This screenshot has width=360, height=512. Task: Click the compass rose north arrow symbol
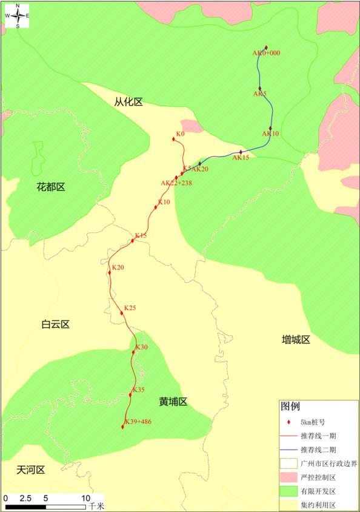[x=18, y=16]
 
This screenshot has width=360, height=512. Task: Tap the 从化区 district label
[x=128, y=102]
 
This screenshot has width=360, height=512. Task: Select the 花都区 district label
[x=51, y=187]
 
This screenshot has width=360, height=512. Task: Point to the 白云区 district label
[x=56, y=325]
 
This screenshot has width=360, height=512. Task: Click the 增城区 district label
[x=296, y=340]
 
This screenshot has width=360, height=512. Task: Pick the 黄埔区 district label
[x=173, y=402]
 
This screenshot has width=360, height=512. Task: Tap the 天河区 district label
[x=31, y=470]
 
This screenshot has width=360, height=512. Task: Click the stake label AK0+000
[x=267, y=53]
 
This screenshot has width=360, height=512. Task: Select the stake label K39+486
[x=138, y=422]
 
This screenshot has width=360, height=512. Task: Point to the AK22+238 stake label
[x=176, y=183]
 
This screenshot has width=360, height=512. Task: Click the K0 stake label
[x=180, y=133]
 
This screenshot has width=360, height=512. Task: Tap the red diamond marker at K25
[x=122, y=313]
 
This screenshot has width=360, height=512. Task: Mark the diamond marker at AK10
[x=270, y=128]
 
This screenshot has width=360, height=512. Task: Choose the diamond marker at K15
[x=133, y=241]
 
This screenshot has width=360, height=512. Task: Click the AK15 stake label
[x=241, y=158]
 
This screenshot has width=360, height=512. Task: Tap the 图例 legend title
[x=290, y=406]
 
